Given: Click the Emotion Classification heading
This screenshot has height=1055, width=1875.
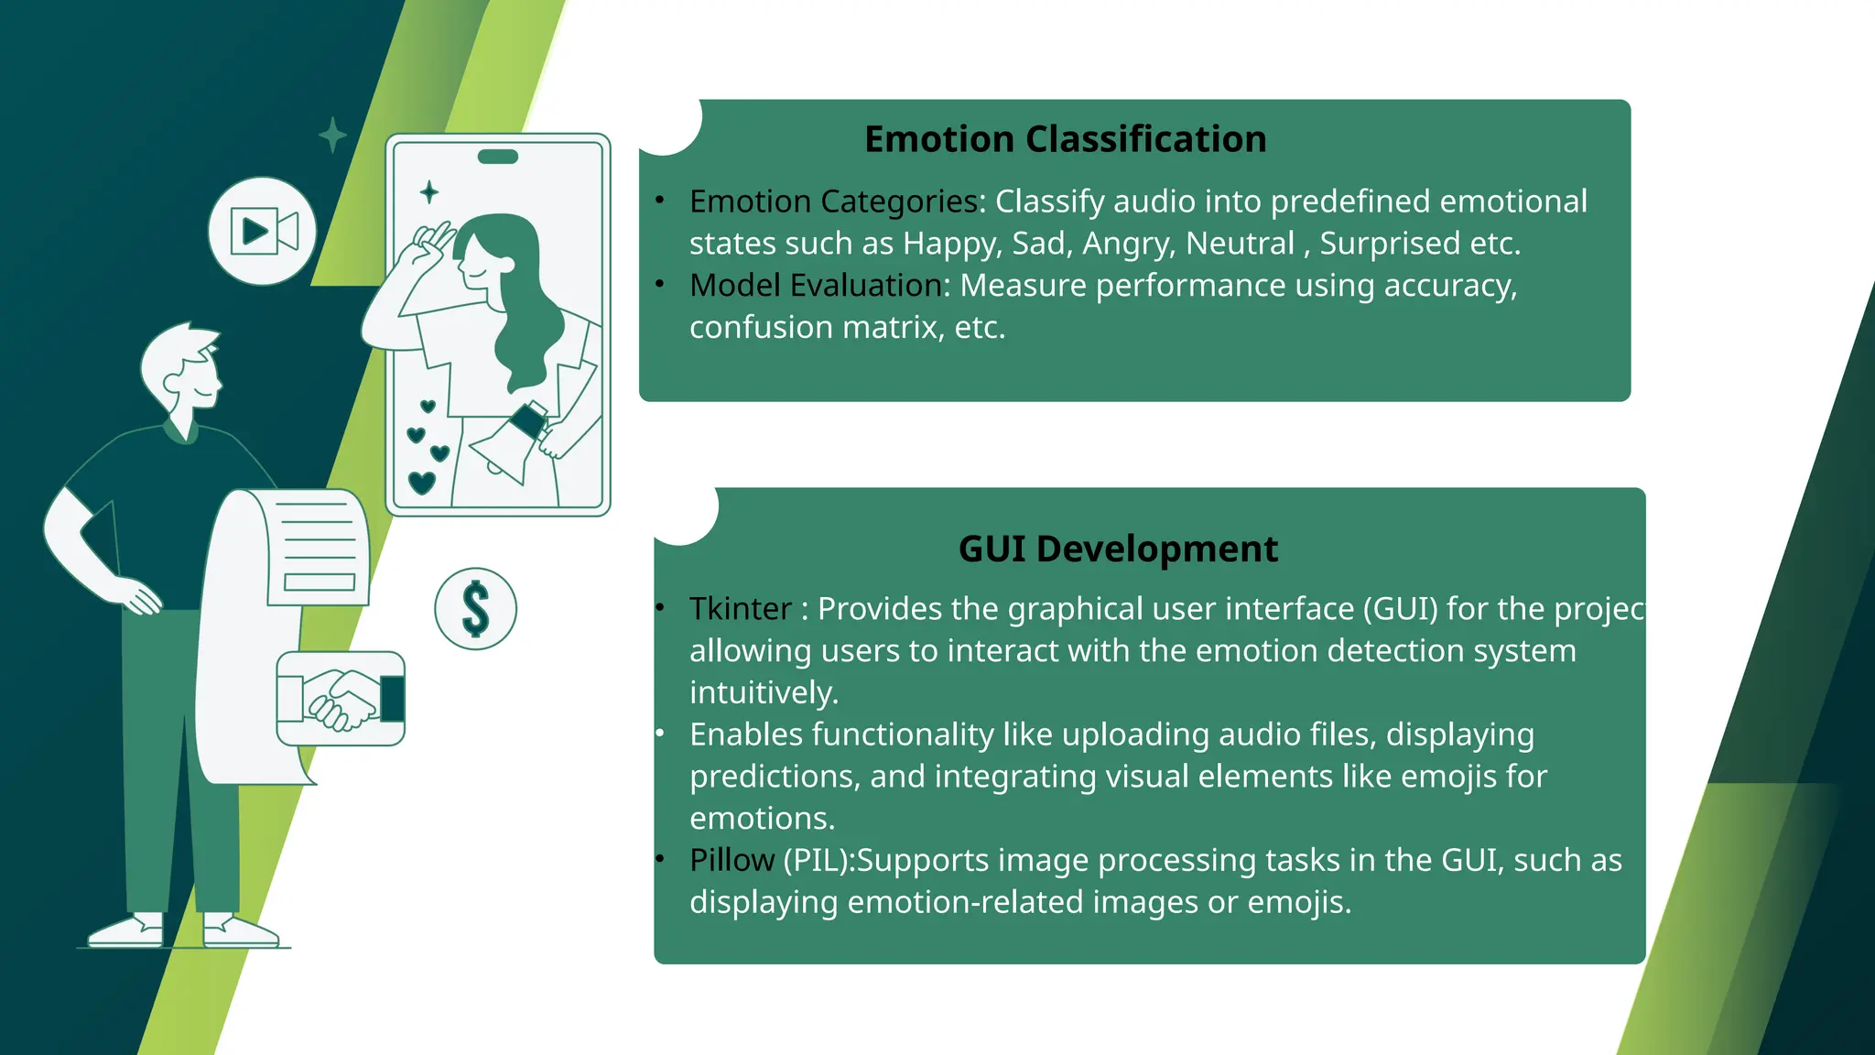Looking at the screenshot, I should [1065, 139].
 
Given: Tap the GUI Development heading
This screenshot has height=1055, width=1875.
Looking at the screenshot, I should [1117, 549].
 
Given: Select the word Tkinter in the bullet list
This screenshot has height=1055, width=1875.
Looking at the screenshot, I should [740, 609].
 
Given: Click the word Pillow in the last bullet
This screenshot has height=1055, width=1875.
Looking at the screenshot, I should [732, 861].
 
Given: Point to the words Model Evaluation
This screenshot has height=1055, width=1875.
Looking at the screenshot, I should [815, 286].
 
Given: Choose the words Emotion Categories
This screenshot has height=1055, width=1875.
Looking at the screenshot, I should [833, 201].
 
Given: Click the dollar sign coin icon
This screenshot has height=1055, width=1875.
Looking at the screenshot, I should [475, 609].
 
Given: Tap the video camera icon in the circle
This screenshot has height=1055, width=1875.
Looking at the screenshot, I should [263, 231].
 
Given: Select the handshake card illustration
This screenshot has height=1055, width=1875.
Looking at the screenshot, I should [341, 699].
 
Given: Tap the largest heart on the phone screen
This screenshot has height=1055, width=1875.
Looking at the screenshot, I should [421, 482].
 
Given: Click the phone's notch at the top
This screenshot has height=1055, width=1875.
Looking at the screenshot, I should [498, 157].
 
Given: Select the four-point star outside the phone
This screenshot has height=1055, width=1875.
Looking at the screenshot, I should [332, 136].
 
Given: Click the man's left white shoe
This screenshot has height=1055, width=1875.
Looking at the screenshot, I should [128, 931].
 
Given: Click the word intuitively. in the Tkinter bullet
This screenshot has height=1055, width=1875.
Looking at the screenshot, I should [764, 693].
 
